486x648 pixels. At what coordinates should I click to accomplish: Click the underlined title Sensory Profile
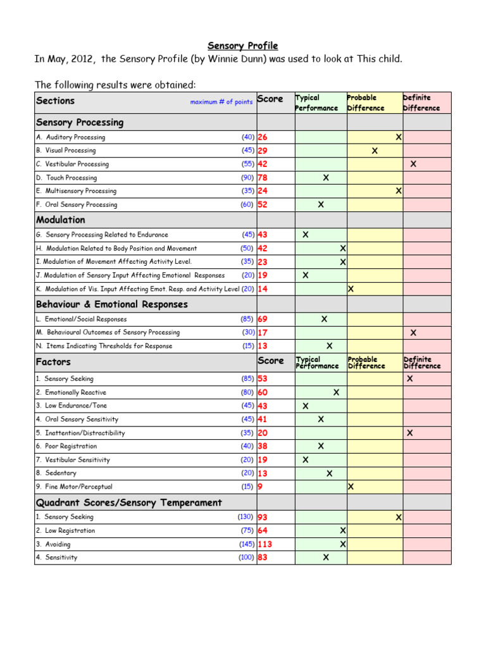[243, 46]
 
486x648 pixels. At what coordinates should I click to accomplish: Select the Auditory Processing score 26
[263, 137]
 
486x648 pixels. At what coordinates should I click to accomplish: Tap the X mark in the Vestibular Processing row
[413, 164]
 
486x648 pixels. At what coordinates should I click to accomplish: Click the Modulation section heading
[61, 220]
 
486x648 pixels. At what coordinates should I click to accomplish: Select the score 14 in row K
[263, 289]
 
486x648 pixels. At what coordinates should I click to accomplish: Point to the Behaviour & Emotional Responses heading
[112, 304]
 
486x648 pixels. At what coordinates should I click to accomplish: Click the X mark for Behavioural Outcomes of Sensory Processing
[413, 333]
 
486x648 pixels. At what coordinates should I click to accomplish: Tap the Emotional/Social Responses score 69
[263, 320]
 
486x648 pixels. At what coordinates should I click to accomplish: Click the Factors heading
[53, 362]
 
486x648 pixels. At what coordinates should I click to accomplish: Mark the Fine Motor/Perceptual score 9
[260, 487]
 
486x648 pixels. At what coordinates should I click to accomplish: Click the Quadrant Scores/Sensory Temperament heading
[129, 503]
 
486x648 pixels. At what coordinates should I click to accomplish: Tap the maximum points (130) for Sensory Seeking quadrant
[246, 517]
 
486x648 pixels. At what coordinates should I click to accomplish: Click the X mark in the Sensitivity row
[326, 558]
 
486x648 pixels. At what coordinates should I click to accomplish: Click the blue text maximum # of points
[221, 102]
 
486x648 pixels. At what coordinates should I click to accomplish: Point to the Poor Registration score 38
[263, 446]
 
